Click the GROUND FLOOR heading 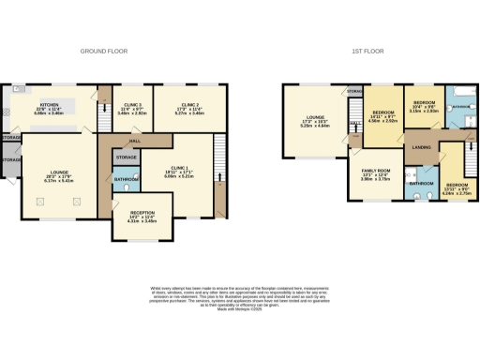pos(103,51)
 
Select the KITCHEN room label pos(49,105)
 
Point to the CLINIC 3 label pos(125,105)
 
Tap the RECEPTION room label pos(140,212)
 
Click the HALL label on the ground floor pos(135,140)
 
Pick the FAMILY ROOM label pos(375,171)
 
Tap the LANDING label pos(422,147)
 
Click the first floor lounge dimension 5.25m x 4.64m pos(310,126)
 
